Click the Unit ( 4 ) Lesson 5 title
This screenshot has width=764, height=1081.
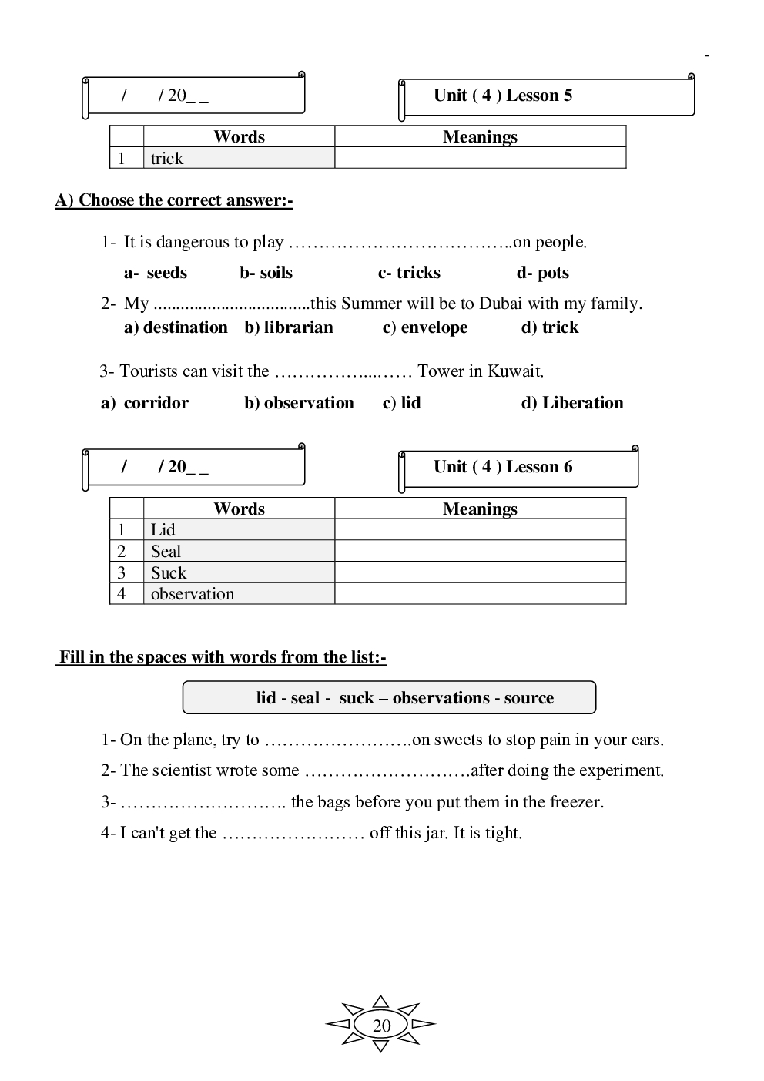click(503, 96)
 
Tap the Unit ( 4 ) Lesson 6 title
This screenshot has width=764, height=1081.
click(503, 467)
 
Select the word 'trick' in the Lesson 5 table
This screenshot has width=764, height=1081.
click(167, 159)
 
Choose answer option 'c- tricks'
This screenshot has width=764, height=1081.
click(409, 273)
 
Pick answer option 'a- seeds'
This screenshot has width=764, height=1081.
click(156, 273)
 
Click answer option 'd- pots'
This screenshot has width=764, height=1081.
click(542, 273)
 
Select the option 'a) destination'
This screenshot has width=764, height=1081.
click(176, 327)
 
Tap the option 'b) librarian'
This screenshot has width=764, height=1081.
click(289, 327)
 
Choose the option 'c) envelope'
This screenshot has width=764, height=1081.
click(425, 327)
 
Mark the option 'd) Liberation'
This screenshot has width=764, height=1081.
click(572, 403)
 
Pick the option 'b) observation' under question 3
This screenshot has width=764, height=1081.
click(299, 403)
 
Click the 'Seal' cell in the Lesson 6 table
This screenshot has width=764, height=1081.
click(166, 552)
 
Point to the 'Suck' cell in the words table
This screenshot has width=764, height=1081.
click(169, 573)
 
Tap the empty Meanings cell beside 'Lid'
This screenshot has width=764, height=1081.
click(480, 530)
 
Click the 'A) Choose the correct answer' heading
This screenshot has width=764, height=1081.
click(174, 200)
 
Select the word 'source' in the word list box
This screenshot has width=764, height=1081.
click(529, 698)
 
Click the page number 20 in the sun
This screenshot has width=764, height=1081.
click(381, 1026)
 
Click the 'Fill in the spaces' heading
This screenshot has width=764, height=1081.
click(222, 657)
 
